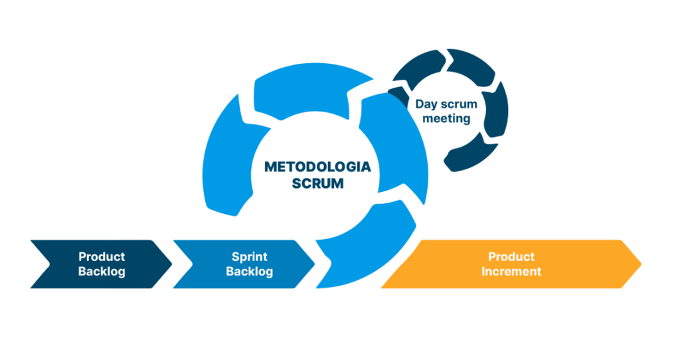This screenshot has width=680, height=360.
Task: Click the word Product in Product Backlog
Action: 102,256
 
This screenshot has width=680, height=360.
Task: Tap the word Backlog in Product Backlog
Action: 102,271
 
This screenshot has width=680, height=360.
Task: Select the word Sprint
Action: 249,256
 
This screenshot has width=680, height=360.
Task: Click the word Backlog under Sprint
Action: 249,271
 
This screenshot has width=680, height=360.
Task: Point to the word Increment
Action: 511,271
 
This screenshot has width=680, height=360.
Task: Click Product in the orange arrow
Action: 511,256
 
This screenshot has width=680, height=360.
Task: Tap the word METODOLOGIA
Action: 317,166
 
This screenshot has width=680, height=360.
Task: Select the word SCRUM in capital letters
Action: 317,183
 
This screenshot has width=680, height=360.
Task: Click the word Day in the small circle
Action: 426,104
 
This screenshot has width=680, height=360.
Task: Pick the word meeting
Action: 446,120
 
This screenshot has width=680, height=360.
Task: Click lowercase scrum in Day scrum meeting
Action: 458,104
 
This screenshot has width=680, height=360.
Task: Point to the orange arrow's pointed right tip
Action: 641,264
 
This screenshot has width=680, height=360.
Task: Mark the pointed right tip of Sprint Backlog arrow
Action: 314,264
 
